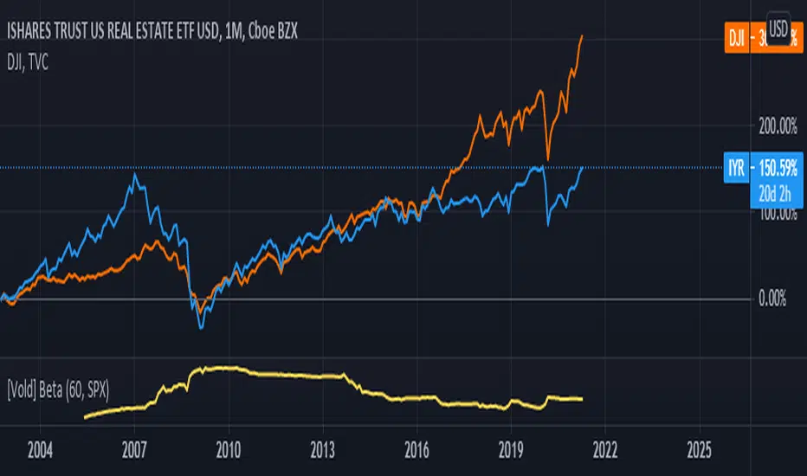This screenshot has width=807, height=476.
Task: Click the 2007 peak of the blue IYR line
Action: (x=135, y=175)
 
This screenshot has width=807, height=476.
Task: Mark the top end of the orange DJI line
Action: (x=582, y=35)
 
